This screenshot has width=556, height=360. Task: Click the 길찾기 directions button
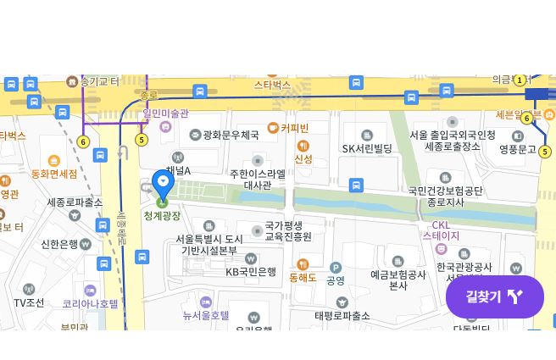pyautogui.click(x=494, y=296)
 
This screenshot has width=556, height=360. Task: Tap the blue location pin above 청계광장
pyautogui.click(x=163, y=185)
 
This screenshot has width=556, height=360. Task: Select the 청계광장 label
pyautogui.click(x=162, y=216)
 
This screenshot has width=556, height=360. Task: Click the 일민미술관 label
pyautogui.click(x=165, y=114)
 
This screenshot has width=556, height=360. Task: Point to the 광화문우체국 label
pyautogui.click(x=230, y=135)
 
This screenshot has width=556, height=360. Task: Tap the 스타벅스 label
pyautogui.click(x=272, y=86)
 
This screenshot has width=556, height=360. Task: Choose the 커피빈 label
pyautogui.click(x=294, y=128)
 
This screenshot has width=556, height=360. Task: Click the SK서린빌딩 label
pyautogui.click(x=367, y=148)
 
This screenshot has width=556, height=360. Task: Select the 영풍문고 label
pyautogui.click(x=517, y=149)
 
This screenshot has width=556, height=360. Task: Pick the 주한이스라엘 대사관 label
pyautogui.click(x=258, y=179)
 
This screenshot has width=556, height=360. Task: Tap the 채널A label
pyautogui.click(x=179, y=170)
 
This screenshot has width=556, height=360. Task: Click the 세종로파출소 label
pyautogui.click(x=75, y=202)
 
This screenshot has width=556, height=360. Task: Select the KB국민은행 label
pyautogui.click(x=251, y=271)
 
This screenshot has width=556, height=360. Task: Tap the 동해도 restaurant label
pyautogui.click(x=303, y=277)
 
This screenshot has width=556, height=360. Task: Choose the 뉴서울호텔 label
pyautogui.click(x=206, y=315)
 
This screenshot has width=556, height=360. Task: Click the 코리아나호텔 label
pyautogui.click(x=90, y=302)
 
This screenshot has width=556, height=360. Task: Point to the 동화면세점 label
pyautogui.click(x=54, y=174)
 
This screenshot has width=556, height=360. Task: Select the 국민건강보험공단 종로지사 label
pyautogui.click(x=445, y=197)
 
